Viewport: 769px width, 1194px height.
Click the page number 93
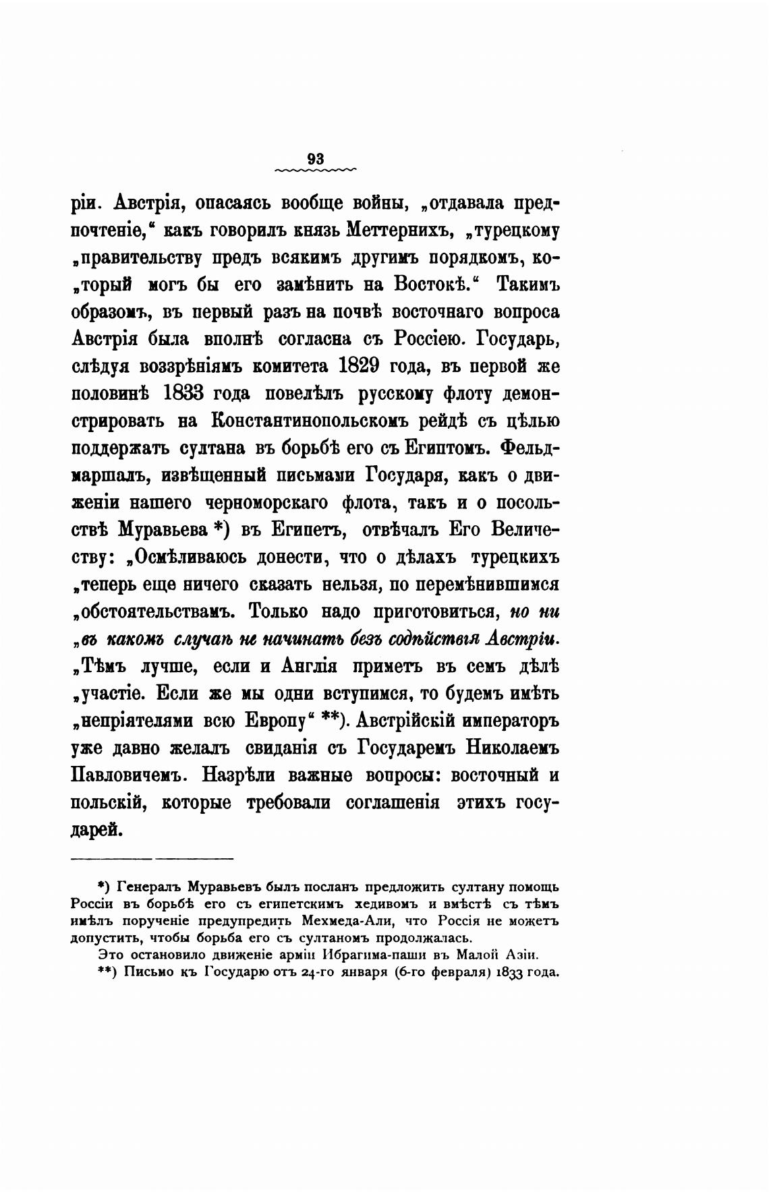(316, 159)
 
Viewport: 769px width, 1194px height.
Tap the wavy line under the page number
(316, 171)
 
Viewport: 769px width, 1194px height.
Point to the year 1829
(367, 367)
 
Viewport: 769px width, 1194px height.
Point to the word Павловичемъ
(127, 775)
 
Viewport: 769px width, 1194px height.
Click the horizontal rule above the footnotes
(152, 858)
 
